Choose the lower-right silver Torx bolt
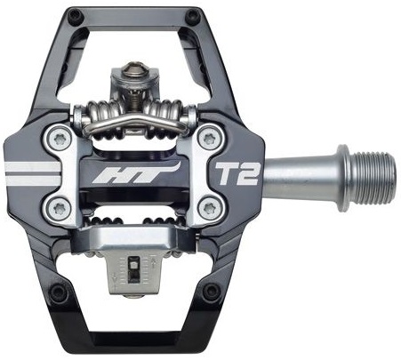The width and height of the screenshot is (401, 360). tap(211, 208)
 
